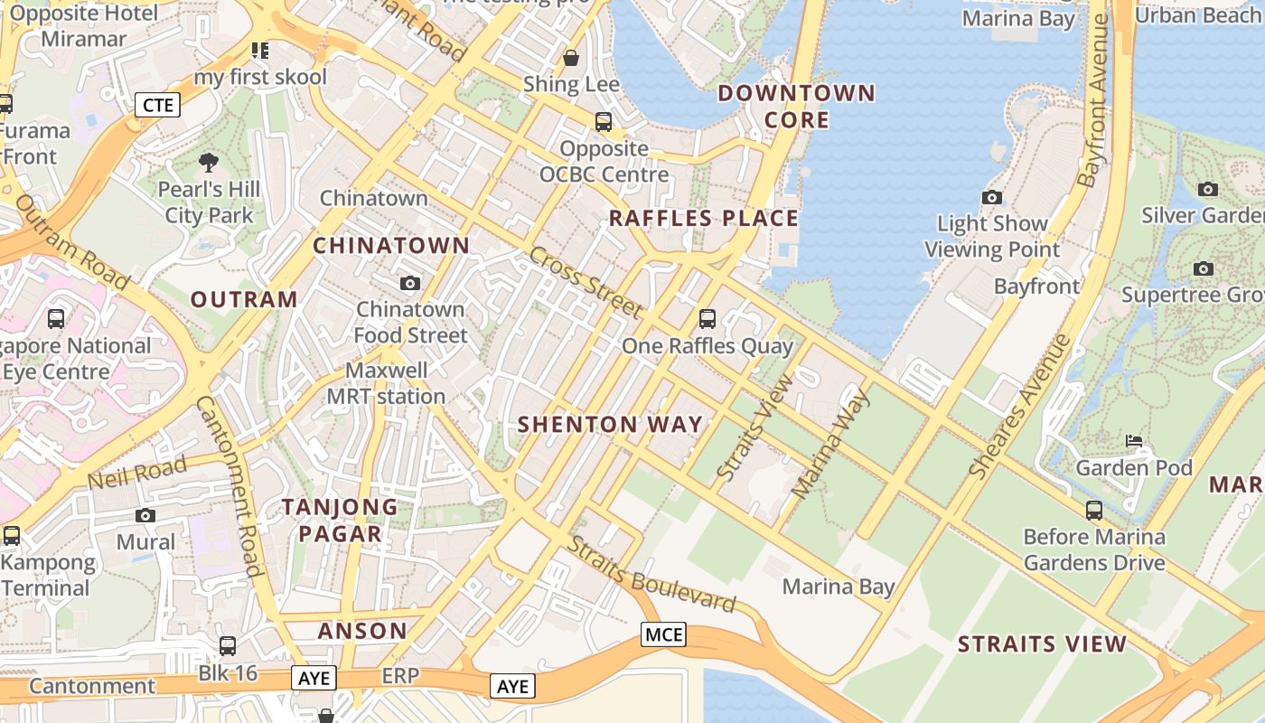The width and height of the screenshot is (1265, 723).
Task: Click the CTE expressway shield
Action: [158, 105]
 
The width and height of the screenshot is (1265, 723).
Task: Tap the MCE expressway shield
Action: [663, 634]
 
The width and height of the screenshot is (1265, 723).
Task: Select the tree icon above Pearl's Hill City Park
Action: [209, 163]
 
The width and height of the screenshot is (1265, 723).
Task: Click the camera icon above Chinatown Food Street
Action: [410, 283]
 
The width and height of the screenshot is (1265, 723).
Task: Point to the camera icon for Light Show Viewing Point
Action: [991, 197]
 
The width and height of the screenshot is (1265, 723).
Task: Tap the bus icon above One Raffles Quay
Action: [707, 318]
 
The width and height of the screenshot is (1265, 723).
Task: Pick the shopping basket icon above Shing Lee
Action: [571, 58]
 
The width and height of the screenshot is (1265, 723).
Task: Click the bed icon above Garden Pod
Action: [1134, 441]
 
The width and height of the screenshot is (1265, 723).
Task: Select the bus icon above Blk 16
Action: [228, 646]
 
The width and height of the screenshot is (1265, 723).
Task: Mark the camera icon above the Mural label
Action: [145, 515]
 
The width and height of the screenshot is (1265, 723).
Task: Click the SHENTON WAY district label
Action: [610, 424]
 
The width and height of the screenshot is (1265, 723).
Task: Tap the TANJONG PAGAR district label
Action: [340, 520]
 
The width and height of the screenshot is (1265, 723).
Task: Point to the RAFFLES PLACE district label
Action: [704, 218]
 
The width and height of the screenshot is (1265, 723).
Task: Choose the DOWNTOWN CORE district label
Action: [796, 106]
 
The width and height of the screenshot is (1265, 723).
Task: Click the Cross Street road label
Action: [586, 283]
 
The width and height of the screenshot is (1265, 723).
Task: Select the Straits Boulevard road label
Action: [651, 574]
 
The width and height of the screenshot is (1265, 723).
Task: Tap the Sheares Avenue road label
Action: [1020, 407]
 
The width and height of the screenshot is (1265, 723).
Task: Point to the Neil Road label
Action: [137, 472]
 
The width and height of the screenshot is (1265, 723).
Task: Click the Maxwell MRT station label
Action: [386, 383]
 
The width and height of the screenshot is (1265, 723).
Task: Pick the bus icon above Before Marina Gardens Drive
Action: [1094, 511]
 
